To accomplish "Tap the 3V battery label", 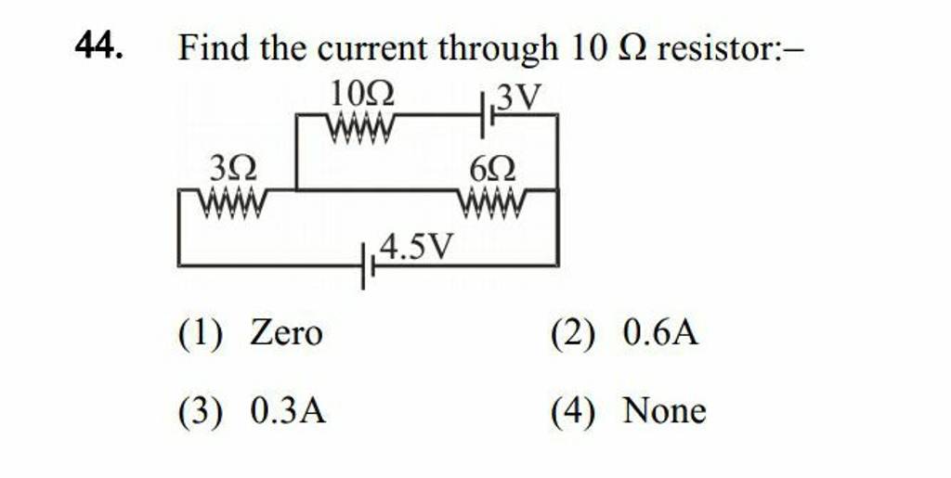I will click(517, 97).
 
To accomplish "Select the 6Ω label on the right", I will click(493, 170).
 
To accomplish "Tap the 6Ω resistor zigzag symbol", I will click(493, 196).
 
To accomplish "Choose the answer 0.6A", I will click(660, 331).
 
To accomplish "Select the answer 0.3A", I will click(288, 408).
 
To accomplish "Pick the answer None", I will click(665, 408).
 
